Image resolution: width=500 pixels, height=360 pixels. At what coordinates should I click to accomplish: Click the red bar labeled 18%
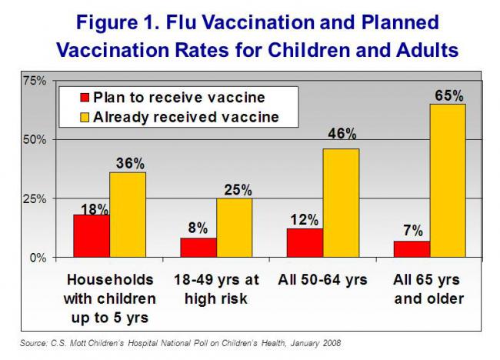point(92,235)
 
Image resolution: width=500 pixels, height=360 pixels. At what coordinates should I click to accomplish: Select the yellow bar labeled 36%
point(127,215)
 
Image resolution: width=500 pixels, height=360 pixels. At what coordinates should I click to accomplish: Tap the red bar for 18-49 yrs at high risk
point(198,247)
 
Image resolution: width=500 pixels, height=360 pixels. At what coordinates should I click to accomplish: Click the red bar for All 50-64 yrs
point(305,242)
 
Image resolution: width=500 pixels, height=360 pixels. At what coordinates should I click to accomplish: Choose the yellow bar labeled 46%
point(340,202)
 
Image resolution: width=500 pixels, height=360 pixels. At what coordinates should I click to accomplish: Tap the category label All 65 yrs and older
point(429,288)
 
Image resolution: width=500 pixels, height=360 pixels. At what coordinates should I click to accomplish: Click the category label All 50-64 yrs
point(322,278)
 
